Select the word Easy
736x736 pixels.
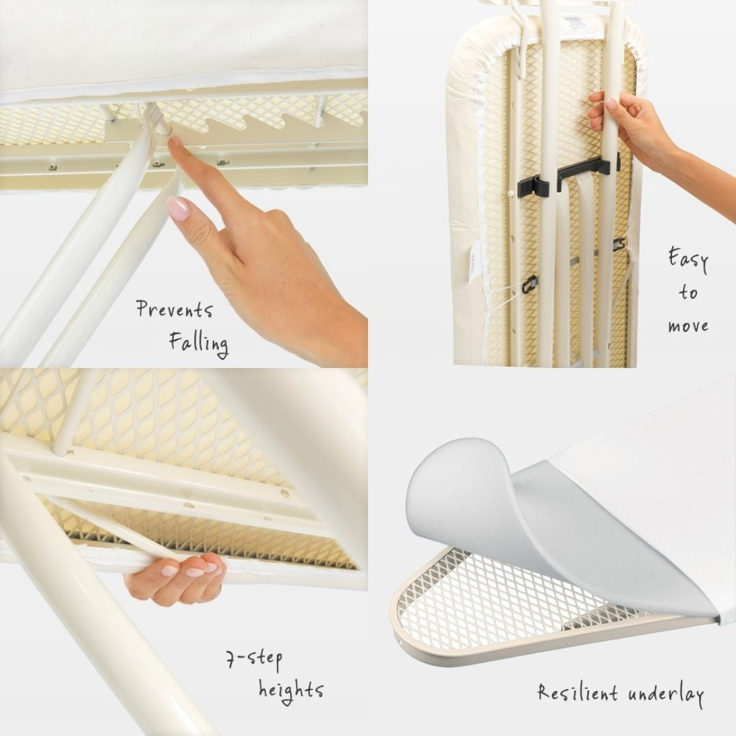click(x=688, y=260)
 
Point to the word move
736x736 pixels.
click(x=688, y=326)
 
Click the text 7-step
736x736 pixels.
click(x=254, y=660)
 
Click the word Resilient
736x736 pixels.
click(x=577, y=692)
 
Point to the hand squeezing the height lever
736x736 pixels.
click(x=176, y=577)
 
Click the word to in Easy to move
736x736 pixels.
click(x=688, y=292)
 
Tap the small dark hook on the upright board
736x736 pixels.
click(x=530, y=284)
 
